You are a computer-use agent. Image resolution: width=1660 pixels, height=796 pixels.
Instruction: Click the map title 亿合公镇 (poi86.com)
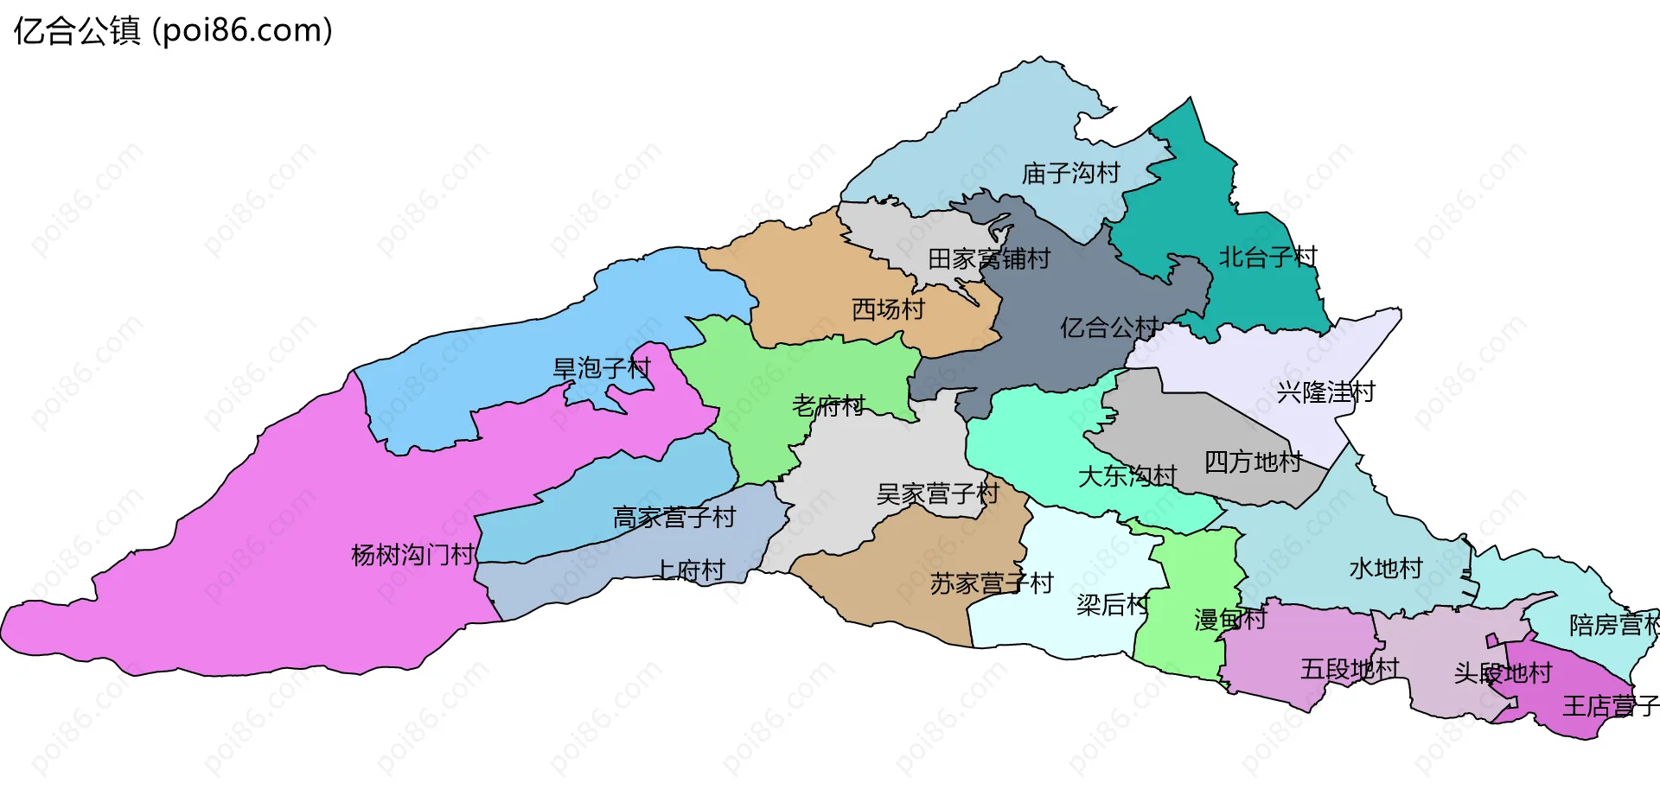[173, 31]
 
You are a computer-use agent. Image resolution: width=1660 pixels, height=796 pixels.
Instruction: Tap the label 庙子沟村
[1070, 174]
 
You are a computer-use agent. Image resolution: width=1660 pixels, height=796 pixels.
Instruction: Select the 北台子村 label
[1267, 257]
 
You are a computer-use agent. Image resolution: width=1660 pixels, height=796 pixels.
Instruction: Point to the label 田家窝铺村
[988, 258]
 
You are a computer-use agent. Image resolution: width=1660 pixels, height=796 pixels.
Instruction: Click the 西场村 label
[888, 309]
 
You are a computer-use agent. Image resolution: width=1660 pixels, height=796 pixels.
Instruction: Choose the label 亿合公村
[1109, 328]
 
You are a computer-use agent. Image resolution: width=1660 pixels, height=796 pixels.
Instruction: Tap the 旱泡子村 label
[601, 369]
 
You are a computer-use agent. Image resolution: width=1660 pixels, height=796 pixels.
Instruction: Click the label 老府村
[828, 405]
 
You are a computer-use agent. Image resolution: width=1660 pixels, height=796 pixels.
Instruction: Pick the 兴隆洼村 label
[1325, 392]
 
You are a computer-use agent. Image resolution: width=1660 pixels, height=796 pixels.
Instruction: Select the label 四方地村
[1253, 462]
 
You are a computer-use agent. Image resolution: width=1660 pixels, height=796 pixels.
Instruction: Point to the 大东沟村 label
[1127, 476]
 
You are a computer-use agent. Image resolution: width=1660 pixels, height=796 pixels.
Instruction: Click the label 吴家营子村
[937, 494]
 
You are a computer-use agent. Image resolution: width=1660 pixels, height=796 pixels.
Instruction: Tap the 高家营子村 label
[674, 518]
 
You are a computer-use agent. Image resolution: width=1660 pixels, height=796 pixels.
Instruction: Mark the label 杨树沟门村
[412, 555]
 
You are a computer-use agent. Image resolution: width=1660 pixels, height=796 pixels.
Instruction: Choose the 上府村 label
[689, 570]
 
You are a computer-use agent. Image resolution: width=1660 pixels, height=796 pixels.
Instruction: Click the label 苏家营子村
[991, 584]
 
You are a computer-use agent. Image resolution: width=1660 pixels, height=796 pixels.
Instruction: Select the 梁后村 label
[1113, 605]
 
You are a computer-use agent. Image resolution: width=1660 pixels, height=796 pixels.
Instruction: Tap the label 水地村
[1385, 569]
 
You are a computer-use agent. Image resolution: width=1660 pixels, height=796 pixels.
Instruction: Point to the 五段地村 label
[1349, 669]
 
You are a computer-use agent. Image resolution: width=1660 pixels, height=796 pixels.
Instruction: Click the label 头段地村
[1503, 673]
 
